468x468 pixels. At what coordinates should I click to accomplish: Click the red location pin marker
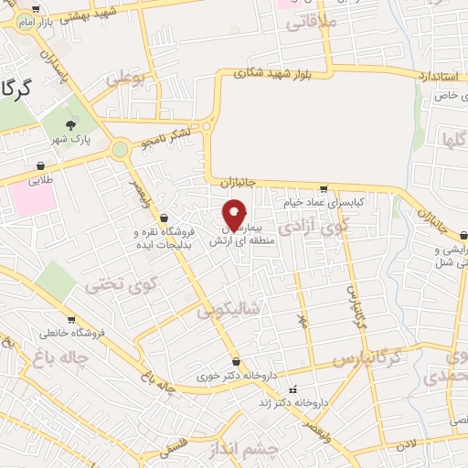pos(234,216)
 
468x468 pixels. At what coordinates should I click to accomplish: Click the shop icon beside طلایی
pos(41,165)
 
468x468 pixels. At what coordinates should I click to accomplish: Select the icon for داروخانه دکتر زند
pos(292,390)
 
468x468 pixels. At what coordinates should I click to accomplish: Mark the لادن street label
pos(405,443)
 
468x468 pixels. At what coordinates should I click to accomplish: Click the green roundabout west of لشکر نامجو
pos(120,149)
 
